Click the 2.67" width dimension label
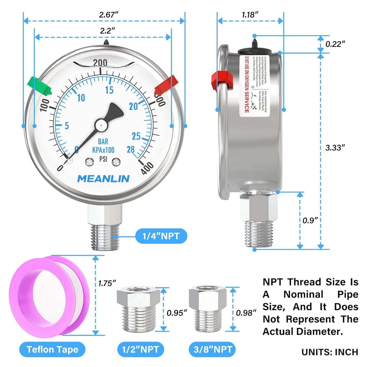coord(109,15)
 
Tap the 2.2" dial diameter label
coord(107,31)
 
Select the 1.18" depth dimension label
coord(250,15)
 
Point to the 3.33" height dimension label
coord(335,148)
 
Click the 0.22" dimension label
coord(335,44)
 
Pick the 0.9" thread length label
coord(310,220)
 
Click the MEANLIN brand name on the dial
coord(103,179)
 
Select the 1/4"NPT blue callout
coord(161,236)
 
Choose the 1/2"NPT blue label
coord(140,350)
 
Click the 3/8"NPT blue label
coord(212,350)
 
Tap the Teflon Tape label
coord(52,350)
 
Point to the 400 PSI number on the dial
coord(147,168)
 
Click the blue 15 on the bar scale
coord(109,90)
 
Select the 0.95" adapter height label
coord(177,313)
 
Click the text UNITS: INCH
coord(330,352)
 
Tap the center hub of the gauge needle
coord(101,125)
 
